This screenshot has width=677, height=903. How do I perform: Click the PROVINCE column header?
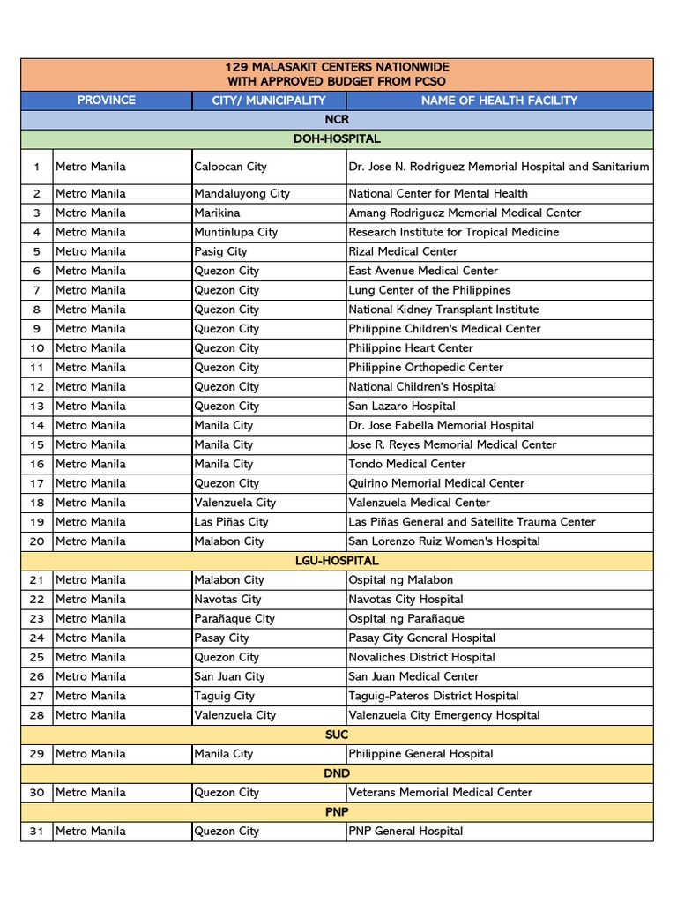[106, 100]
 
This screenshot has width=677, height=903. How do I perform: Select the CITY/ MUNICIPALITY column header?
[269, 101]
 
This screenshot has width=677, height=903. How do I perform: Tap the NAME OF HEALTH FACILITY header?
[499, 101]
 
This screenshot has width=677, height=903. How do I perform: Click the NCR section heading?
[337, 119]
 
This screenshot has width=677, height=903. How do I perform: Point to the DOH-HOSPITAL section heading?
[337, 138]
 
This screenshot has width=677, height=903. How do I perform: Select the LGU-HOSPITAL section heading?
[337, 561]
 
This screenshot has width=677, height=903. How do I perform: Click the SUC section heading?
[337, 735]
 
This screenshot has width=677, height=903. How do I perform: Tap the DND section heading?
[337, 773]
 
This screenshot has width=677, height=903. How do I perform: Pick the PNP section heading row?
[337, 812]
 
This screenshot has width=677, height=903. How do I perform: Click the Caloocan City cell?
[230, 167]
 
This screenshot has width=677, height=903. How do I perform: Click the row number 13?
[37, 407]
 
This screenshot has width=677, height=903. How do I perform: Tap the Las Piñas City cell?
[231, 522]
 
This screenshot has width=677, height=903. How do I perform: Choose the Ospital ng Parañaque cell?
[405, 619]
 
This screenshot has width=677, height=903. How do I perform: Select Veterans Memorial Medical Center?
[440, 793]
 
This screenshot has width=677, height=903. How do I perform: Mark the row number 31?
[37, 832]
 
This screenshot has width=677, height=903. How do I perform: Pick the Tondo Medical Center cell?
[406, 464]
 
